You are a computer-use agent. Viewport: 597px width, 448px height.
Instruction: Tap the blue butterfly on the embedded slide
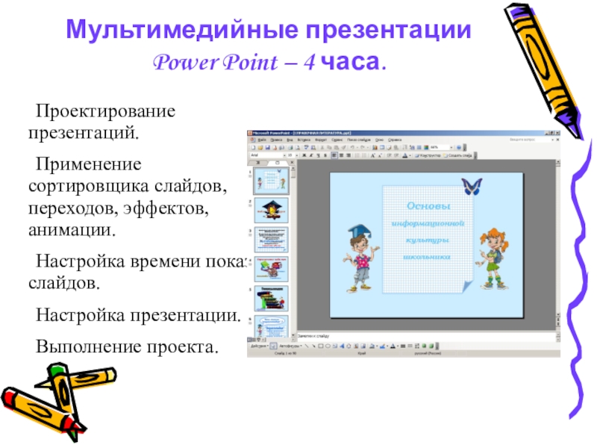pos(470,186)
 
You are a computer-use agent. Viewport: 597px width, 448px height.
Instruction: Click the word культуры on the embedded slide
pos(428,240)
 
